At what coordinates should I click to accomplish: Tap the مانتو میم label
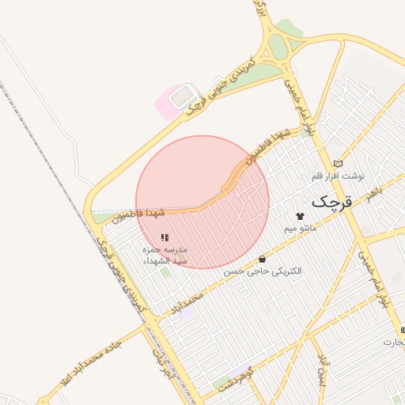click(301, 229)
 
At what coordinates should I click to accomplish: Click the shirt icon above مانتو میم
click(300, 216)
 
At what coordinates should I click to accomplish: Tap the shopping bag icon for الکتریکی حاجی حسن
click(262, 259)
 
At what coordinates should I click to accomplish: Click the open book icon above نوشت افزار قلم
click(339, 162)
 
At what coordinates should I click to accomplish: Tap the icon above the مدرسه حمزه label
click(164, 237)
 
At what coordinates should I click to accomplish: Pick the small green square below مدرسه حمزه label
click(165, 272)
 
